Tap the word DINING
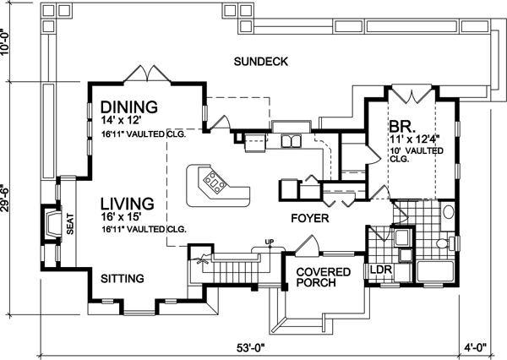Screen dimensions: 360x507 [129, 107]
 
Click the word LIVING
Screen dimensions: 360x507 [126, 204]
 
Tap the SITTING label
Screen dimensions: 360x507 [122, 278]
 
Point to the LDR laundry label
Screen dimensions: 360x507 [378, 270]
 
